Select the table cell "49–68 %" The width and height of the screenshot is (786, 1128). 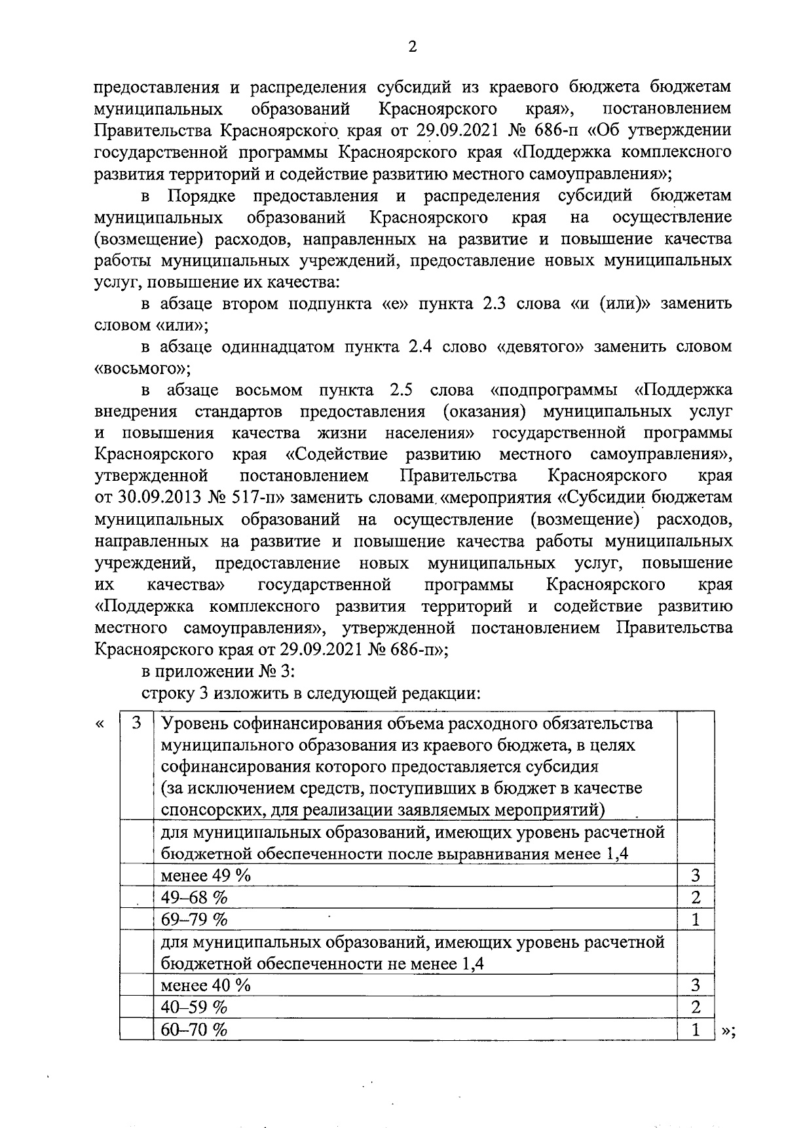[195, 897]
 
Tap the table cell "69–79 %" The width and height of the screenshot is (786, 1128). [195, 919]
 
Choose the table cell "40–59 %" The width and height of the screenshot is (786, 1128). [195, 1007]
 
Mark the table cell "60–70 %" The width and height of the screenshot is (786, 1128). [195, 1029]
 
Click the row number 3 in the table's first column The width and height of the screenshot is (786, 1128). [136, 723]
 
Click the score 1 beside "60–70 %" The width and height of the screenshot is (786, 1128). [696, 1029]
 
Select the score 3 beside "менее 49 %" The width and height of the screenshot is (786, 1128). [696, 875]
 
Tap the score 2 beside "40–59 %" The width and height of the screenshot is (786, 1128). [696, 1007]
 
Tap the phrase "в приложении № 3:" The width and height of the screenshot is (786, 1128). [219, 671]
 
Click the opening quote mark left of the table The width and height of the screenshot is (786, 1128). [100, 723]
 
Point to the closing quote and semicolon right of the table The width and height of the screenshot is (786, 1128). [728, 1030]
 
